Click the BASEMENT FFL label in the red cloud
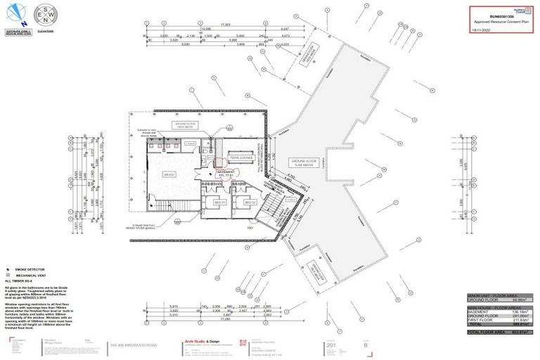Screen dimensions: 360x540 (x=225, y=173)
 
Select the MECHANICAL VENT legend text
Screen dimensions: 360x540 (x=39, y=275)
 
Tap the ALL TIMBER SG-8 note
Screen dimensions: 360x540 (x=27, y=281)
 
